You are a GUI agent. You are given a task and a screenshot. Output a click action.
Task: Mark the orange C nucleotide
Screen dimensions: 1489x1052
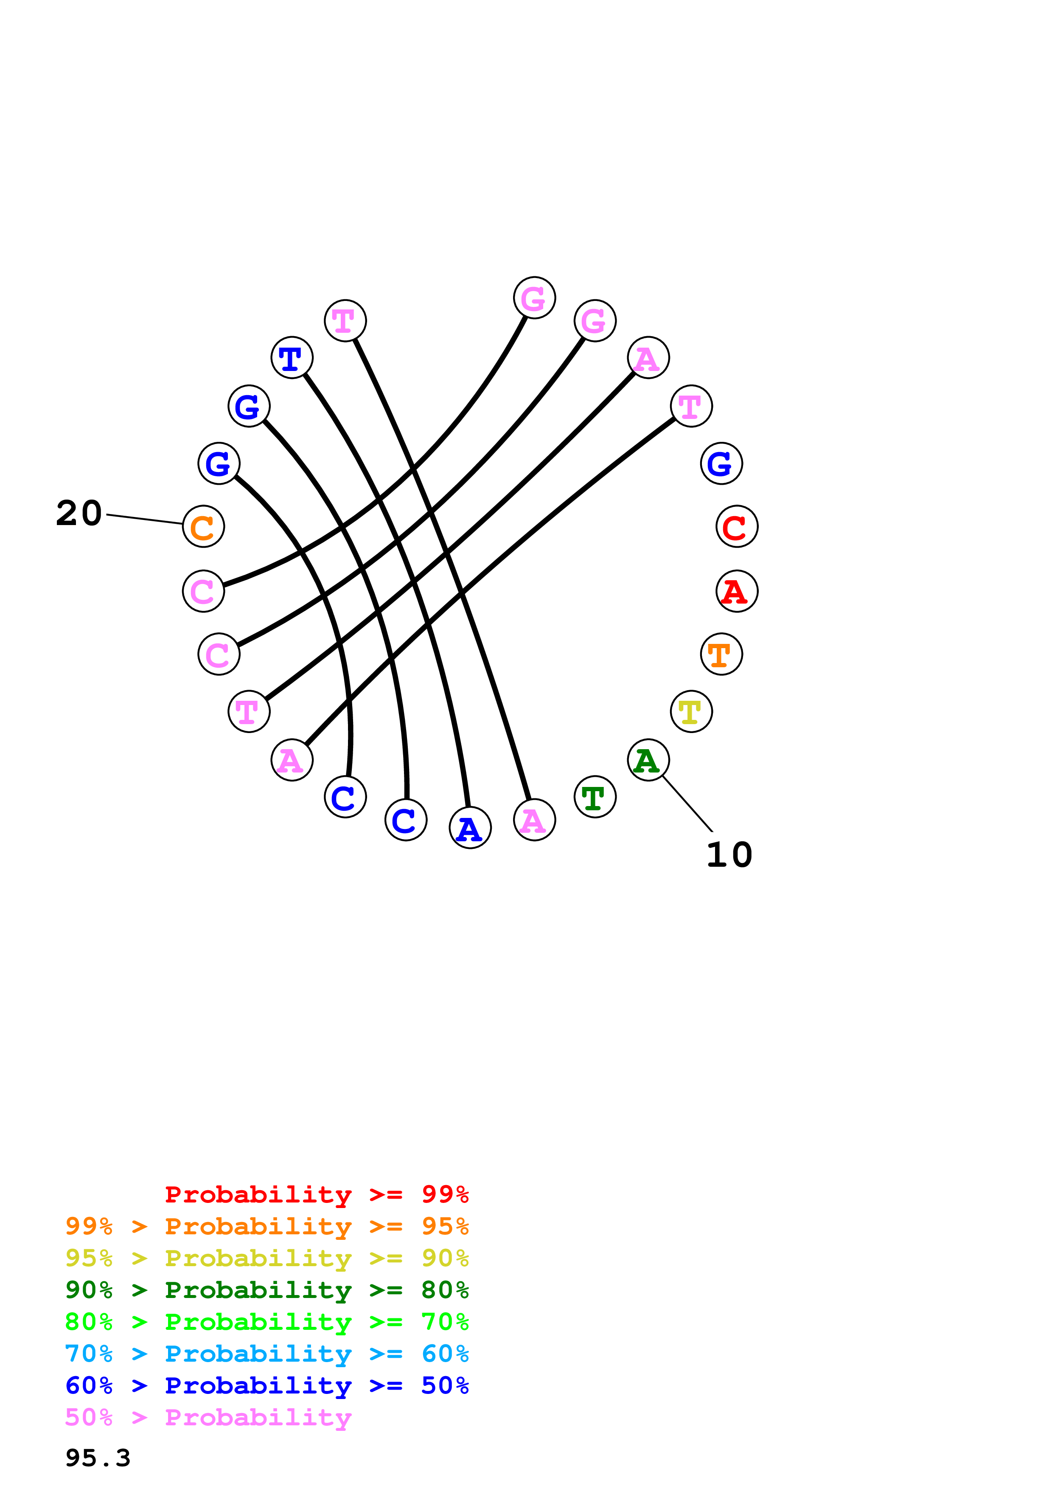pyautogui.click(x=204, y=527)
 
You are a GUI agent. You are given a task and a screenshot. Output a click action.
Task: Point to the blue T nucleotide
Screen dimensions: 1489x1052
pyautogui.click(x=292, y=357)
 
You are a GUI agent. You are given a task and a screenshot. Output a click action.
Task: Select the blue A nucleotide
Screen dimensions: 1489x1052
pyautogui.click(x=470, y=828)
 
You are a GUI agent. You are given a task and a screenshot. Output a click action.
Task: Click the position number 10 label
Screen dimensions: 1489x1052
pyautogui.click(x=729, y=855)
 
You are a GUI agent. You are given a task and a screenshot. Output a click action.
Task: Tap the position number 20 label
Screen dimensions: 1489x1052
pyautogui.click(x=79, y=513)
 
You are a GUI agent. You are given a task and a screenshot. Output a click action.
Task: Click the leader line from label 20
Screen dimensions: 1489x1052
pyautogui.click(x=144, y=519)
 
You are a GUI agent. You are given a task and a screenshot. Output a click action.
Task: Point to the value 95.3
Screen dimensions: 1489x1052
pyautogui.click(x=98, y=1458)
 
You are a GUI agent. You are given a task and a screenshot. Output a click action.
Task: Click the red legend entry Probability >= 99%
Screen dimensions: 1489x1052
pyautogui.click(x=316, y=1194)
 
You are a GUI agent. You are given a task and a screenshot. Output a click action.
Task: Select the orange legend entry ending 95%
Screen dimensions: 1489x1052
pyautogui.click(x=267, y=1226)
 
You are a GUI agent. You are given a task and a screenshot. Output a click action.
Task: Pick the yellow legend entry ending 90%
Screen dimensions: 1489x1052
pyautogui.click(x=267, y=1258)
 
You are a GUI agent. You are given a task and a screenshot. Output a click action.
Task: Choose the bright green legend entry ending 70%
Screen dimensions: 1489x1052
pyautogui.click(x=267, y=1322)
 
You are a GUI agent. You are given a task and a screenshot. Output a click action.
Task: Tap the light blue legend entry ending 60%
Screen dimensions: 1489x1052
pyautogui.click(x=267, y=1354)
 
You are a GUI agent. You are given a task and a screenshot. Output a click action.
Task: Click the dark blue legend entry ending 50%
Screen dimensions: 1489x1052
pyautogui.click(x=267, y=1385)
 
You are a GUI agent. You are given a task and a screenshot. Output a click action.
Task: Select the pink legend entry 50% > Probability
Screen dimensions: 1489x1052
pyautogui.click(x=208, y=1417)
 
